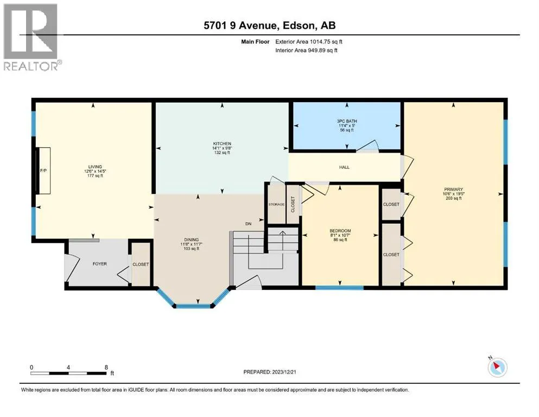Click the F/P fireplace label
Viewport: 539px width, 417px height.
[x=43, y=170]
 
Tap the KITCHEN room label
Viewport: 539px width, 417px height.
[x=222, y=143]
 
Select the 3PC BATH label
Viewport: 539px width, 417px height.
[x=347, y=121]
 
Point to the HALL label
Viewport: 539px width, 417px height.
[x=344, y=167]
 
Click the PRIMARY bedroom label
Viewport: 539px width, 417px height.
[x=453, y=189]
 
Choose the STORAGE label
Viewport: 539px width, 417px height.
[x=276, y=204]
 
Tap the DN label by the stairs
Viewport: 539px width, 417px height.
[x=248, y=224]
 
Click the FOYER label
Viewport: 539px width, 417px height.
[x=100, y=264]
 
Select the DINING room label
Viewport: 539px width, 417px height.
[x=191, y=239]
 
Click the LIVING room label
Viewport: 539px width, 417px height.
[x=95, y=167]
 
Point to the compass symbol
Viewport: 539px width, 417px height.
[x=497, y=367]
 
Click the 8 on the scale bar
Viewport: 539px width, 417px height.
[x=106, y=367]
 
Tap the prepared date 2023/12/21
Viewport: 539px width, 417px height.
[x=284, y=372]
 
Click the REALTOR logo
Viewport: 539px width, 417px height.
[x=30, y=37]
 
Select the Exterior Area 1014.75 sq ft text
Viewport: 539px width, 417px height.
[x=309, y=42]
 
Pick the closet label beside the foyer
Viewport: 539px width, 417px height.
[x=141, y=264]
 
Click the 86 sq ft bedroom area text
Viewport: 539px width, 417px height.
[x=340, y=239]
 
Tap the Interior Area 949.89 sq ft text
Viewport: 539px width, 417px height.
[x=306, y=50]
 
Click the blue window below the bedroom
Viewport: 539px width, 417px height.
[x=339, y=288]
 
